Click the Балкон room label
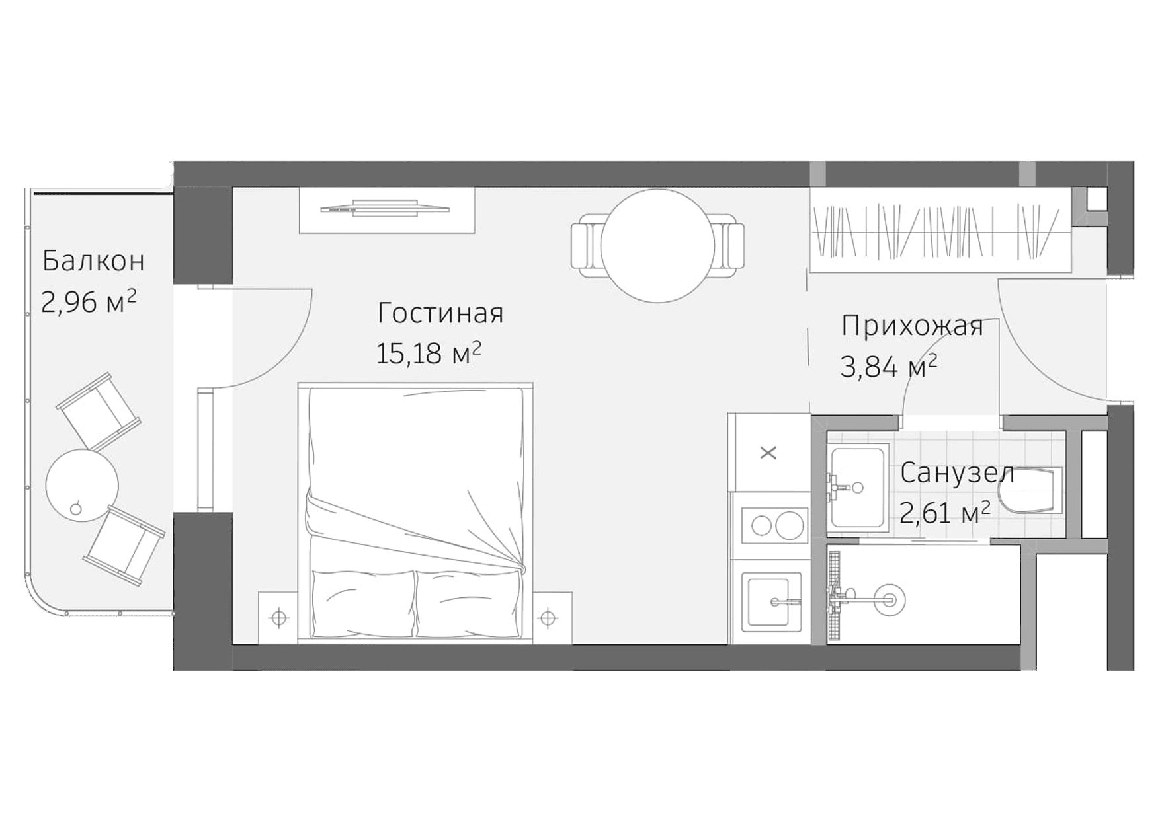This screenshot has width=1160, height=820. (x=93, y=262)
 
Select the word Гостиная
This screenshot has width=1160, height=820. (x=440, y=313)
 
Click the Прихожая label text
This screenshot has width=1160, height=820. (x=912, y=326)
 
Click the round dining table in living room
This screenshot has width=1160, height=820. (x=657, y=246)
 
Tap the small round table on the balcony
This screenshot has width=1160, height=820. (x=82, y=485)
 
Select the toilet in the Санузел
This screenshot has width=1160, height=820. (x=1032, y=491)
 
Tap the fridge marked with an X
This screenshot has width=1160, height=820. (x=768, y=453)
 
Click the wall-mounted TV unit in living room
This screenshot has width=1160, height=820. (x=386, y=210)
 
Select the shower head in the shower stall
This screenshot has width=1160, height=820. (x=886, y=600)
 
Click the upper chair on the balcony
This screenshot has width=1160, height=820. (x=99, y=412)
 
